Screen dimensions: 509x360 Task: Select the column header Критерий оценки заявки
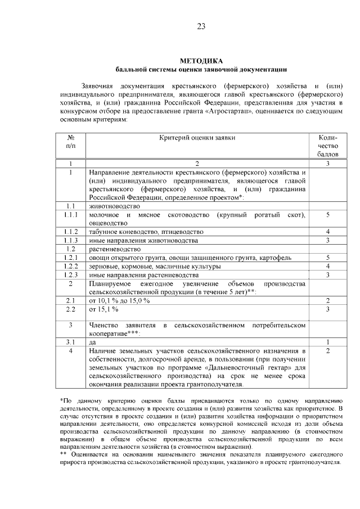[x=197, y=137]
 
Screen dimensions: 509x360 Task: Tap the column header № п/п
[x=71, y=141]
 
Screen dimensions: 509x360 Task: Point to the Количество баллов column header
[x=327, y=145]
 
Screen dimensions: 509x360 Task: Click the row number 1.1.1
[x=71, y=215]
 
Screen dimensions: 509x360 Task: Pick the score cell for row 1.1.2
[x=327, y=232]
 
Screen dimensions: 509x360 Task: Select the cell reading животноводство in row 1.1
[x=114, y=206]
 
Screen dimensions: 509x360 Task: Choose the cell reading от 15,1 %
[x=103, y=309]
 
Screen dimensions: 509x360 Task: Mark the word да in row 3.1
[x=93, y=341]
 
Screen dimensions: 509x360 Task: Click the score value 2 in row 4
[x=327, y=351]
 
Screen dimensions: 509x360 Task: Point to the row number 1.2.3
[x=71, y=274]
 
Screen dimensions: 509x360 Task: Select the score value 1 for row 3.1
[x=327, y=341]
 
